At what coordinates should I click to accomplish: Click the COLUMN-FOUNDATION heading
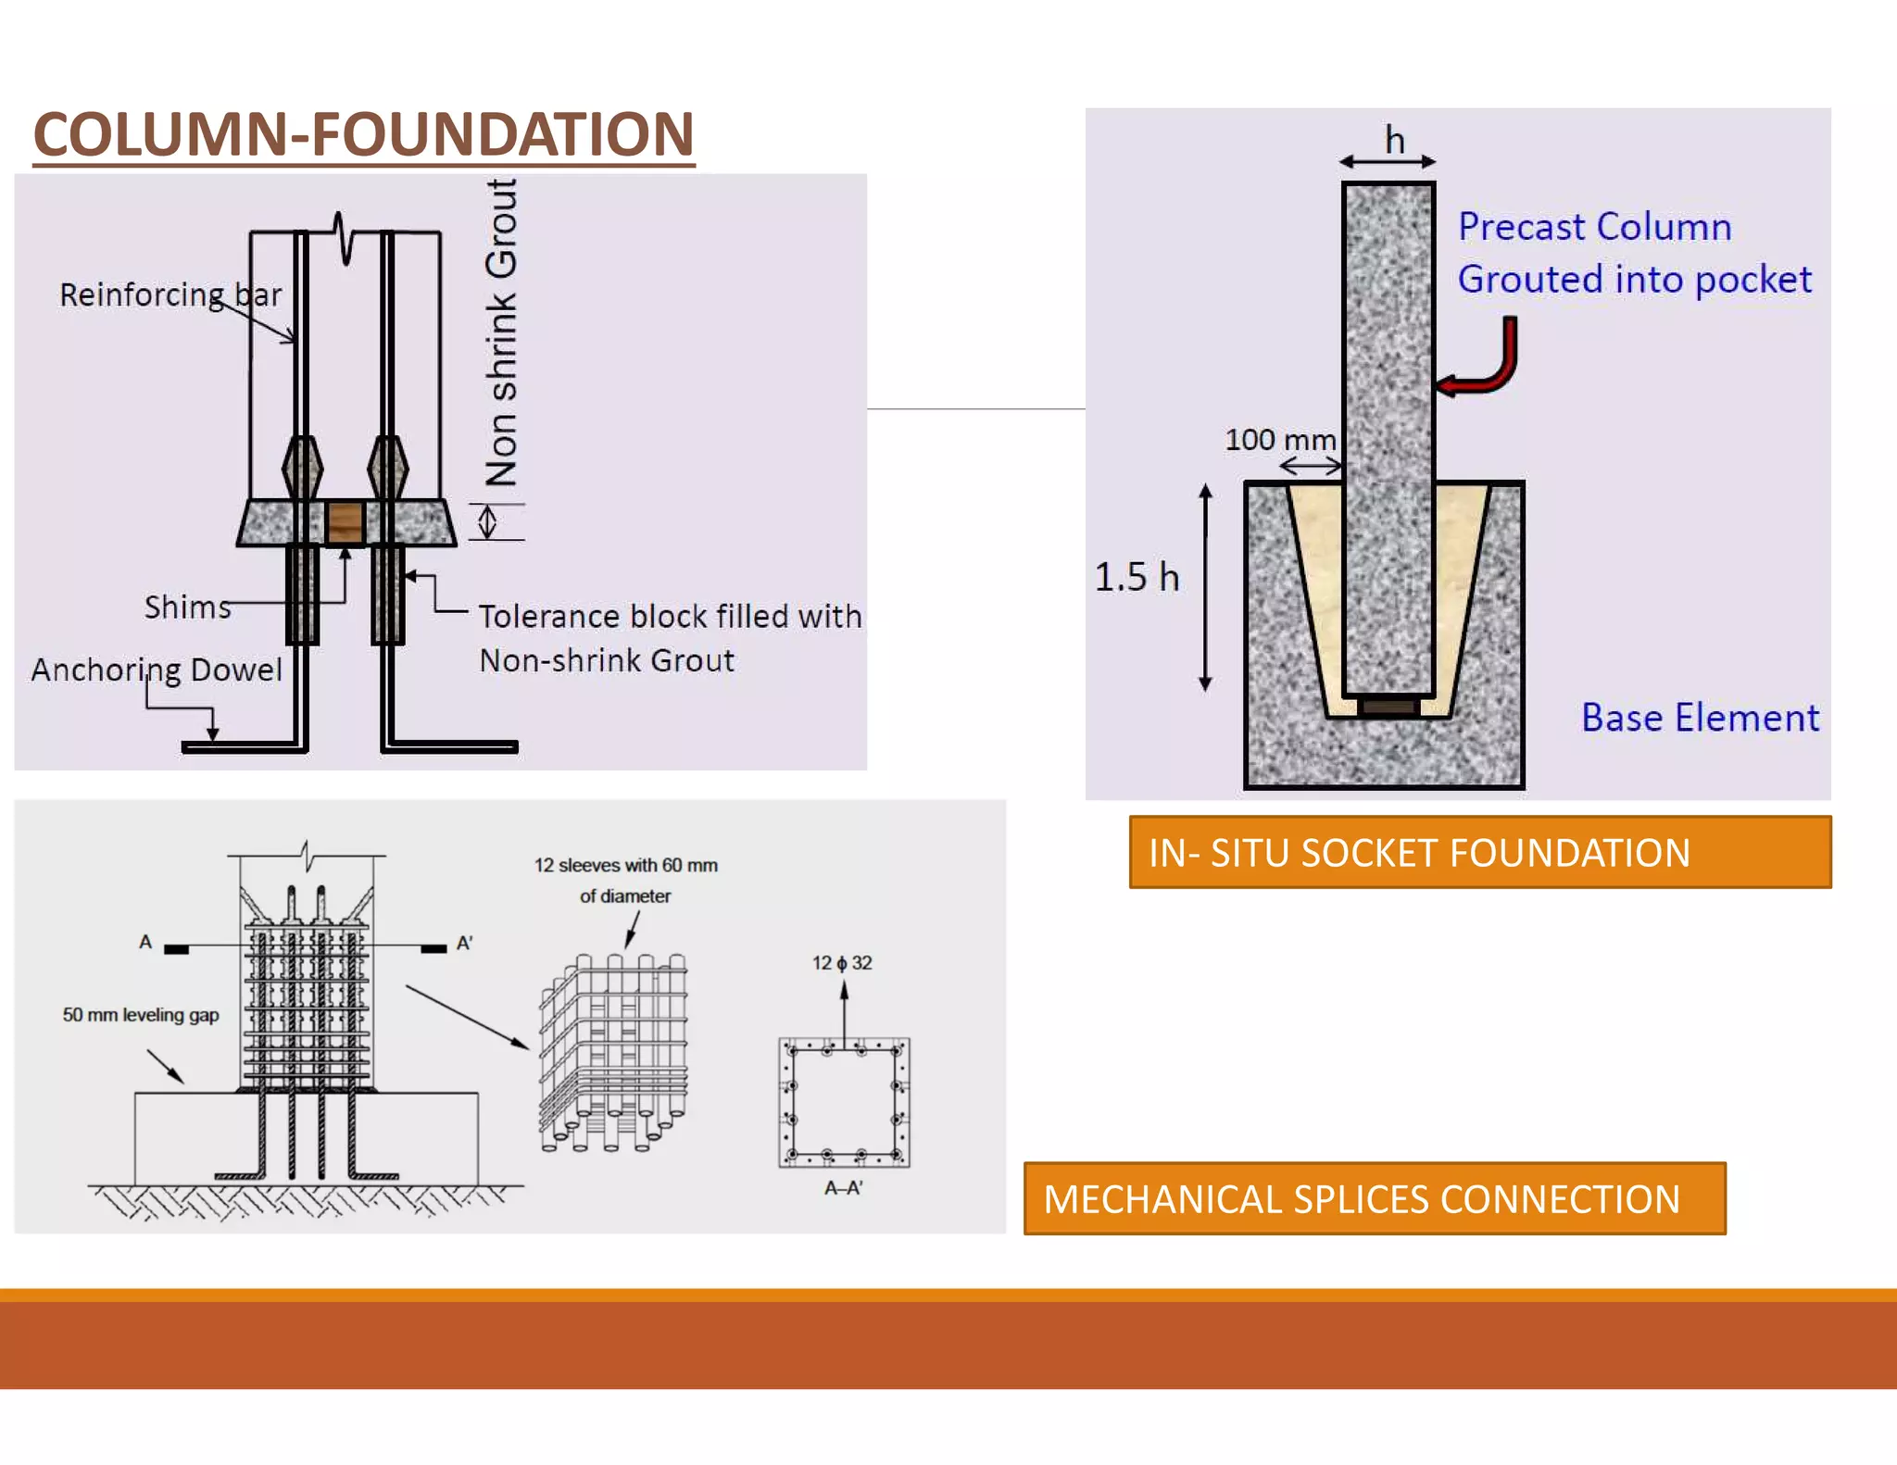click(x=363, y=134)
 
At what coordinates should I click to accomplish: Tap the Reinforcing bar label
click(x=170, y=294)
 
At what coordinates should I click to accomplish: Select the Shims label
click(x=187, y=607)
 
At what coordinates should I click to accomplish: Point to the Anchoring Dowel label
click(x=157, y=670)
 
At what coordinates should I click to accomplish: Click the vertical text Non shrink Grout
click(x=501, y=333)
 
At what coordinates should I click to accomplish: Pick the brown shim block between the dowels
click(x=345, y=522)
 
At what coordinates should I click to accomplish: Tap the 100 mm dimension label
click(x=1280, y=440)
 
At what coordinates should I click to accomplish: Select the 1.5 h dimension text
click(x=1137, y=577)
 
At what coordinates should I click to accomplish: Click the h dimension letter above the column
click(x=1394, y=141)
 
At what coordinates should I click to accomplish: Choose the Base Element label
click(x=1700, y=718)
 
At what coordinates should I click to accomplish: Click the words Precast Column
click(x=1594, y=227)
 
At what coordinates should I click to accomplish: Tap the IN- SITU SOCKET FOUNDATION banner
click(x=1479, y=852)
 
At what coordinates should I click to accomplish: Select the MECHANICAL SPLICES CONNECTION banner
click(x=1374, y=1198)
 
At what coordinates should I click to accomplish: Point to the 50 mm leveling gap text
click(x=141, y=1015)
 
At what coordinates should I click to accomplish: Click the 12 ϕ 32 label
click(x=842, y=963)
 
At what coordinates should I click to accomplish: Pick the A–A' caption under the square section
click(x=844, y=1188)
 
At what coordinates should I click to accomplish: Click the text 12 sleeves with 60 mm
click(x=625, y=865)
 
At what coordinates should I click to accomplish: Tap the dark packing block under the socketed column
click(x=1388, y=707)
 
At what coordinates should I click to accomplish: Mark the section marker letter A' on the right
click(x=464, y=944)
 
